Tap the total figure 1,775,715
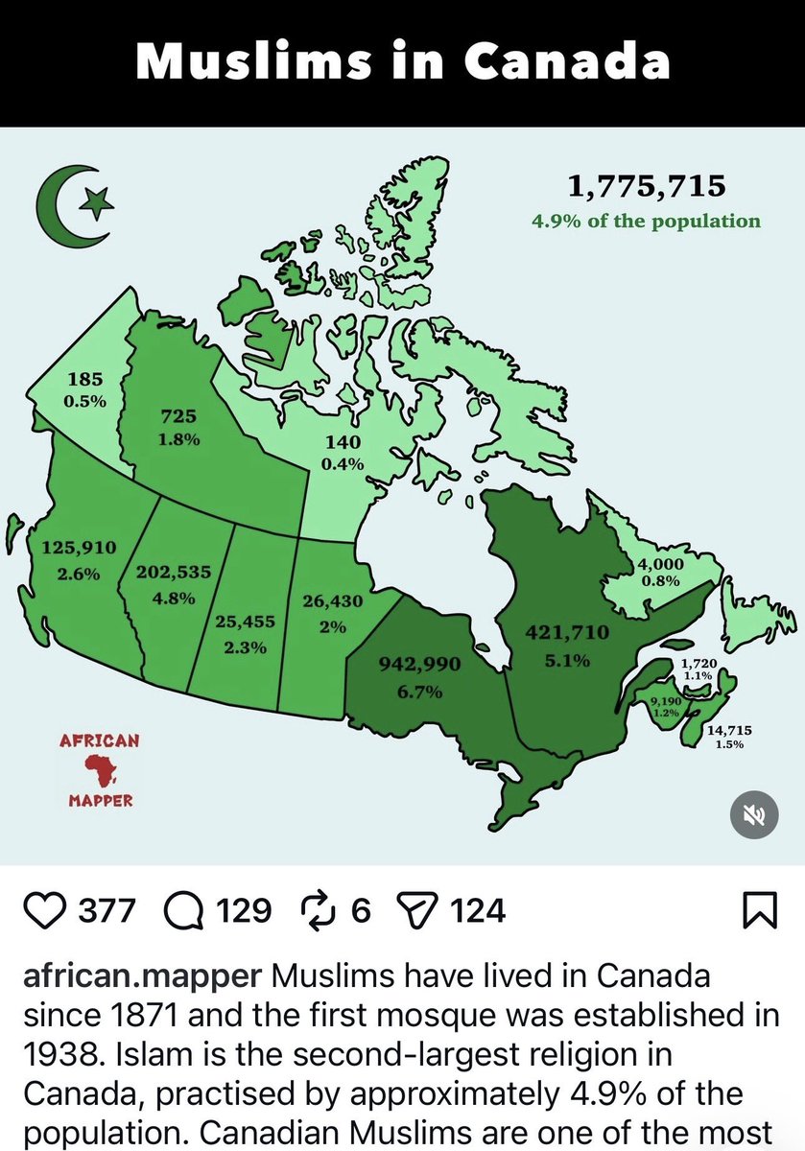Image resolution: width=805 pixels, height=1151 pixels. click(646, 185)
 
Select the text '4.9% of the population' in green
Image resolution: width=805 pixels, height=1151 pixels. click(646, 222)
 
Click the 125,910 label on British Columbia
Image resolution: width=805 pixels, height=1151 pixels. click(79, 549)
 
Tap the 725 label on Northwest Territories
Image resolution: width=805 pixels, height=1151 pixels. click(178, 416)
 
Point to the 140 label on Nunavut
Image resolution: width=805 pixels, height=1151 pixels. click(343, 442)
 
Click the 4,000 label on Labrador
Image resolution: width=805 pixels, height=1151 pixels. click(660, 565)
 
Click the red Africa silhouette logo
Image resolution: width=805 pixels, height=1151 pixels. click(99, 770)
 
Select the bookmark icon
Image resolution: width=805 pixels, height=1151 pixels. click(759, 909)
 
